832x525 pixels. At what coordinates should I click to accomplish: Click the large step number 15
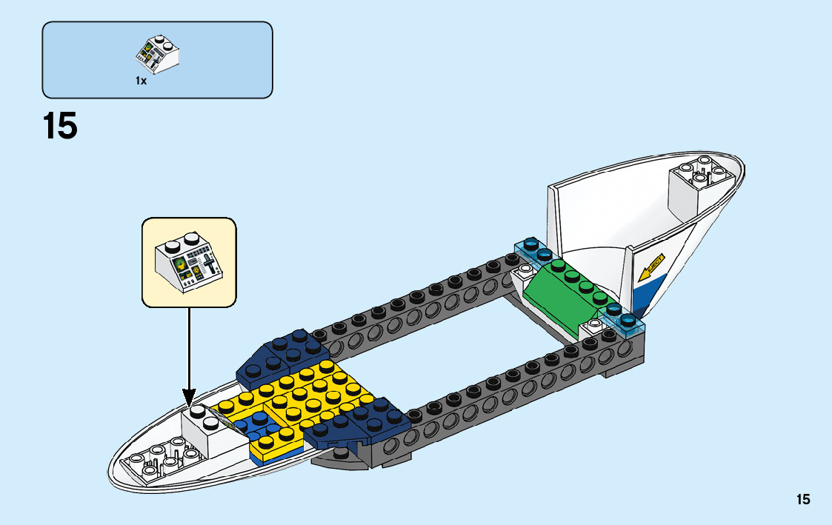[60, 126]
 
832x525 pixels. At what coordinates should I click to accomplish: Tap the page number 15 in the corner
[803, 500]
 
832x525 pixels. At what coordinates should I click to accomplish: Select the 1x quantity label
[141, 81]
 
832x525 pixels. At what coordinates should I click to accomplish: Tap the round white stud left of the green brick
[528, 270]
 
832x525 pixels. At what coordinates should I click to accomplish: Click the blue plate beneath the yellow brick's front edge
[276, 454]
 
